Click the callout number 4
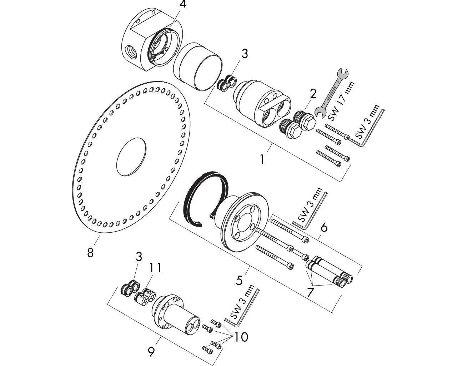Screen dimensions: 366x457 coord(173,5)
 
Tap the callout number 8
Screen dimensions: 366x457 coord(90,252)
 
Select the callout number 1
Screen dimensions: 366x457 coord(262,159)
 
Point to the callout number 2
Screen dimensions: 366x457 coord(313,94)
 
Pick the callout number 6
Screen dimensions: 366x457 coord(324,227)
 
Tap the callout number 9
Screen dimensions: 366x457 coord(151,352)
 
